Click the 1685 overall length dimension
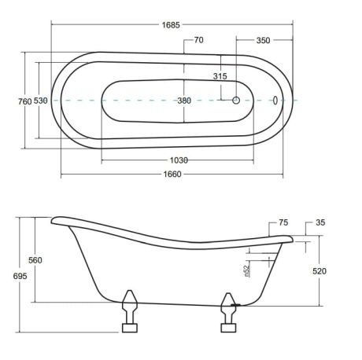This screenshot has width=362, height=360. (171, 25)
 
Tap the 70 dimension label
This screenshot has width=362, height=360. (198, 40)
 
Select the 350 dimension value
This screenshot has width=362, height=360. (263, 40)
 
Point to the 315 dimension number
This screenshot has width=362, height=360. (220, 76)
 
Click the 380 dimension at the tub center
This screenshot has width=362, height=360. (184, 101)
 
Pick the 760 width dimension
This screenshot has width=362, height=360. (25, 101)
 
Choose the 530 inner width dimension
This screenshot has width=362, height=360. (41, 101)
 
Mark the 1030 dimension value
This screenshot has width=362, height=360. (179, 160)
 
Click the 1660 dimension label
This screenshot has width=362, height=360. (172, 174)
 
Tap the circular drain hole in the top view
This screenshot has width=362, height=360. (236, 100)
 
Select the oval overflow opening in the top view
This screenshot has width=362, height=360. (275, 100)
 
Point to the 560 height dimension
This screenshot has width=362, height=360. (35, 260)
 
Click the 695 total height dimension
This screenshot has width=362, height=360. (20, 276)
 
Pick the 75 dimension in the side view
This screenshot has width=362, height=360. (283, 222)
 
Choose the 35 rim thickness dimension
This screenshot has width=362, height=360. (320, 222)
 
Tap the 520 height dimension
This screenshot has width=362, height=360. (320, 271)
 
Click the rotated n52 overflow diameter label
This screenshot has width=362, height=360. (246, 271)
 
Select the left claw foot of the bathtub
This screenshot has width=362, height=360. (130, 311)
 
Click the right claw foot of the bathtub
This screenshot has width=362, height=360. (228, 312)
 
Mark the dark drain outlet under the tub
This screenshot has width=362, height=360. (235, 305)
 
